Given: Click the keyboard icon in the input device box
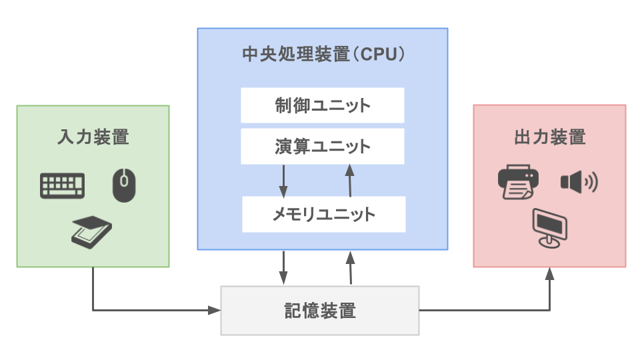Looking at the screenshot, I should pyautogui.click(x=63, y=185).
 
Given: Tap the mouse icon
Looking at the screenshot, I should pyautogui.click(x=123, y=185).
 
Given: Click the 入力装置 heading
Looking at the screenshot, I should pyautogui.click(x=93, y=138).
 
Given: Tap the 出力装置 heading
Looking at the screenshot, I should pyautogui.click(x=550, y=138).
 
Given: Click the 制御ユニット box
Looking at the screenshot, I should pyautogui.click(x=323, y=105).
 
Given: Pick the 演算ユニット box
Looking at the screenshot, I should pyautogui.click(x=323, y=147).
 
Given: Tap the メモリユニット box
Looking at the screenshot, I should pyautogui.click(x=324, y=214).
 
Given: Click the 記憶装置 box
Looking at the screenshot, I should pyautogui.click(x=320, y=310).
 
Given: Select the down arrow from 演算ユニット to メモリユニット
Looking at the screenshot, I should pyautogui.click(x=284, y=180).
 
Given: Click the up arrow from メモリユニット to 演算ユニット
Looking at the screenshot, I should pyautogui.click(x=349, y=180).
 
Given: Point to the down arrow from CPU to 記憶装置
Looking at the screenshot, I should pyautogui.click(x=284, y=267).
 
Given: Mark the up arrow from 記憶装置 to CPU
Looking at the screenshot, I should pyautogui.click(x=349, y=267).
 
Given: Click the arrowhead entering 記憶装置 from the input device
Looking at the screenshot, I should pyautogui.click(x=215, y=310).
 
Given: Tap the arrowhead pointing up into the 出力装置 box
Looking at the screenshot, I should pyautogui.click(x=550, y=273).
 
